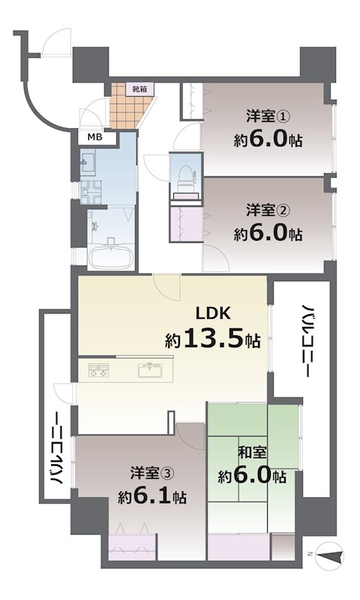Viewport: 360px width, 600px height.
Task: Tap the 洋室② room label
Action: coord(267,209)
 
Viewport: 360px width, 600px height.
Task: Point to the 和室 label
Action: coord(250,453)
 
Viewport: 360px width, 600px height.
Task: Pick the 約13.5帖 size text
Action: coord(213,340)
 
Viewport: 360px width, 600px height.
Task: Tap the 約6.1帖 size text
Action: coord(152,496)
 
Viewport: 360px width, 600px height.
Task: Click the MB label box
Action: coord(95,136)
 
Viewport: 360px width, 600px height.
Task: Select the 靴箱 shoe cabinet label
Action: coord(139,88)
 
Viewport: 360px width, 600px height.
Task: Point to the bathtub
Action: coord(110,256)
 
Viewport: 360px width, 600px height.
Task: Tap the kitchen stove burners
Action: coord(100,370)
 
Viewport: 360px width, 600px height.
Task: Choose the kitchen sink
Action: coord(151,369)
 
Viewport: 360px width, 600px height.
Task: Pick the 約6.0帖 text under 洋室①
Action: coord(267,140)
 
